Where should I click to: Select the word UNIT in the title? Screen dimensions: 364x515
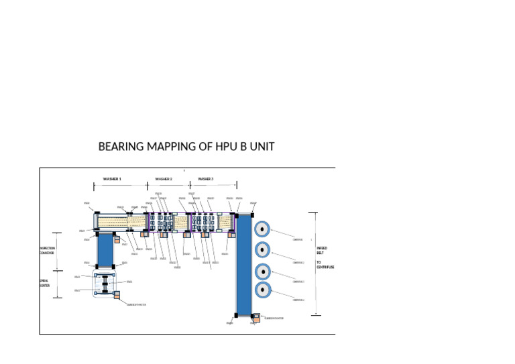pos(260,147)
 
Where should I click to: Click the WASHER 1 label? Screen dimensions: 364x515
pos(112,179)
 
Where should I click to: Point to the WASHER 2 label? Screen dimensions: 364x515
pos(164,179)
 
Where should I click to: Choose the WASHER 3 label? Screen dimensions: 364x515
pos(206,179)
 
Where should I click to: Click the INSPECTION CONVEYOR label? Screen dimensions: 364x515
pos(47,251)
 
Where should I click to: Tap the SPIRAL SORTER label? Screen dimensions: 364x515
pos(44,283)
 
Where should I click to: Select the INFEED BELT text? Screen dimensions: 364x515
pos(322,251)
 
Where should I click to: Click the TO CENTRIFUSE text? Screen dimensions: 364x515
pos(325,265)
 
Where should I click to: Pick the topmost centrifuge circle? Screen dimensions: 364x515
pos(262,229)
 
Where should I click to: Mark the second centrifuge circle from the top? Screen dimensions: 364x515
pos(262,250)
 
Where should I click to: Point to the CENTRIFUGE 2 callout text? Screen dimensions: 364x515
pos(299,263)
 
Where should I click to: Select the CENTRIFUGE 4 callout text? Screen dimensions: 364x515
pos(299,300)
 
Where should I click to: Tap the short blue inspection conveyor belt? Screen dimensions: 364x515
pos(105,249)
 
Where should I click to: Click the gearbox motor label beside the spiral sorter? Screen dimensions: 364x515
pos(136,304)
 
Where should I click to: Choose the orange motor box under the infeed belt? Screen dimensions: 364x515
pos(256,316)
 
